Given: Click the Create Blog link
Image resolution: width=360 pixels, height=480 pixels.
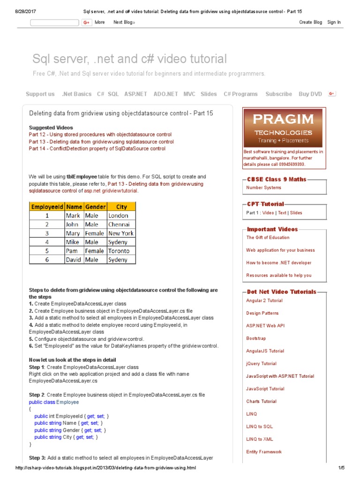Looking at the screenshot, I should [x=310, y=22].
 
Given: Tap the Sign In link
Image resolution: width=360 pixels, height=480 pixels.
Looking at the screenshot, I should [x=334, y=22].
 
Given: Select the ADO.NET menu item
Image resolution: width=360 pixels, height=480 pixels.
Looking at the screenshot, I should [x=165, y=94].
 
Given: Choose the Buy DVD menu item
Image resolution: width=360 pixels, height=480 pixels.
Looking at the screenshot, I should [x=310, y=94].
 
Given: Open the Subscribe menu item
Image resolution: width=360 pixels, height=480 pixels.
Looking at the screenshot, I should [x=278, y=94].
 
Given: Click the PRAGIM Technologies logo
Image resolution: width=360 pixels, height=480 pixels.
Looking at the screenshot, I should [x=282, y=128].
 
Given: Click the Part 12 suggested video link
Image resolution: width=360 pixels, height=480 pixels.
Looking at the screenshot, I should [x=100, y=135].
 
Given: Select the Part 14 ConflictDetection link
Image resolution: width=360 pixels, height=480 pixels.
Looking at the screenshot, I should [x=97, y=149].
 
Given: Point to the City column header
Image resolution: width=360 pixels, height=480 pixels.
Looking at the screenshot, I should [x=121, y=207].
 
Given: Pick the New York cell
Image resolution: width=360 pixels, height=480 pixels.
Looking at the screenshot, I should [x=120, y=233].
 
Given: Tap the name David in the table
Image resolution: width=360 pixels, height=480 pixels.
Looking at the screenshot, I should [x=74, y=259].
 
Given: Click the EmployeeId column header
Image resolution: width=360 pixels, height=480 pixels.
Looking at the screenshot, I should [x=47, y=207].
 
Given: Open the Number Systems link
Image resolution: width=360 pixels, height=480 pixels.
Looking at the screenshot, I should [x=263, y=187].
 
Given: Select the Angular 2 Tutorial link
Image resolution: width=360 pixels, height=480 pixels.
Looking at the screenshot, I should [x=264, y=300].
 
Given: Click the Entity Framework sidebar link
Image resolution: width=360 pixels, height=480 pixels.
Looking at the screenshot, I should [x=264, y=452].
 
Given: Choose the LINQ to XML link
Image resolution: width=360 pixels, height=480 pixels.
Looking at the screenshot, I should [x=259, y=439].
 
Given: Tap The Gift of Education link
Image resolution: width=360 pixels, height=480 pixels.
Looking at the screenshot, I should [x=268, y=238].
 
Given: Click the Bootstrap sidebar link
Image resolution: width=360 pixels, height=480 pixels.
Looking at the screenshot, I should [x=256, y=338].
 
